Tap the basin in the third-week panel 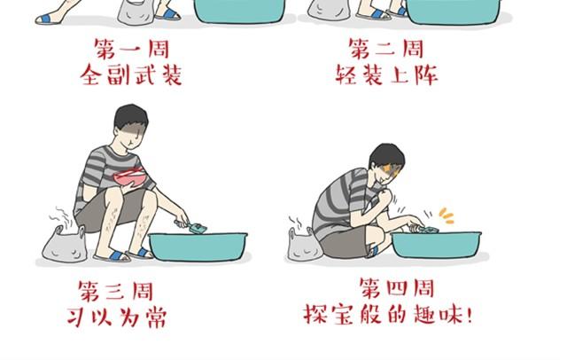point(198,247)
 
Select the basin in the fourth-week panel point(437,244)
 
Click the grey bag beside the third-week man point(65,244)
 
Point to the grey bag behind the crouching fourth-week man point(304,245)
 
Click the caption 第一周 point(132,49)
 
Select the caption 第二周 point(386,49)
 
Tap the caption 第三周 point(116,291)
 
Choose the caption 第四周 point(397,287)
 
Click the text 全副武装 point(131,74)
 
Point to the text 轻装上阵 point(386,74)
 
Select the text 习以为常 point(117,317)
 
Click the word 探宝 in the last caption point(328,314)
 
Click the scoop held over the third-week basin point(190,226)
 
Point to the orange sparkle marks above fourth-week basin point(447,215)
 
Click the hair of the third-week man point(131,118)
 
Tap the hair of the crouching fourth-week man point(386,156)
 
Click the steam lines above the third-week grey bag point(60,216)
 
